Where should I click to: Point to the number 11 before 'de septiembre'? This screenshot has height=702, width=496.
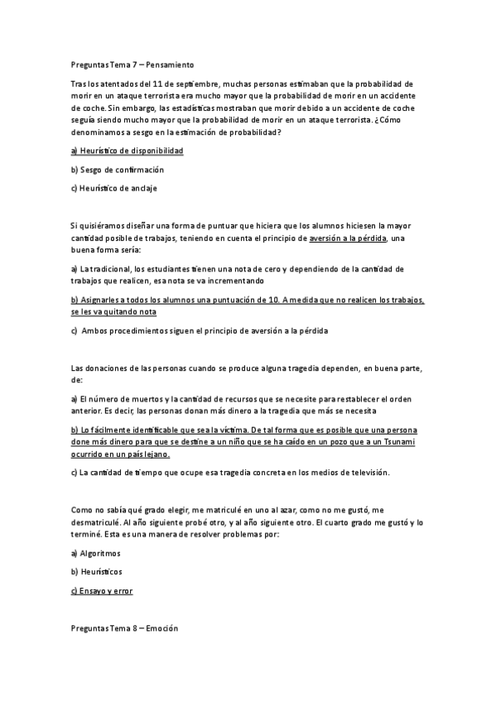(158, 84)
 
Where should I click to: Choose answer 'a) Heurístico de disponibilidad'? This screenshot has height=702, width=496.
(127, 151)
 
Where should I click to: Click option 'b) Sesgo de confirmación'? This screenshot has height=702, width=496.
(118, 170)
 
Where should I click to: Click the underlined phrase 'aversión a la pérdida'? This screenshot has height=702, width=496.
(347, 238)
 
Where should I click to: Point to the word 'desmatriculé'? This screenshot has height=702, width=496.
(99, 523)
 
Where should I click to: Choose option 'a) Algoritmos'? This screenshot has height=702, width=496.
(96, 553)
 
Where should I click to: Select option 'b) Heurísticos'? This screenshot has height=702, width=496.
(96, 572)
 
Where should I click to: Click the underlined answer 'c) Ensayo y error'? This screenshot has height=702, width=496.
(102, 591)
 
